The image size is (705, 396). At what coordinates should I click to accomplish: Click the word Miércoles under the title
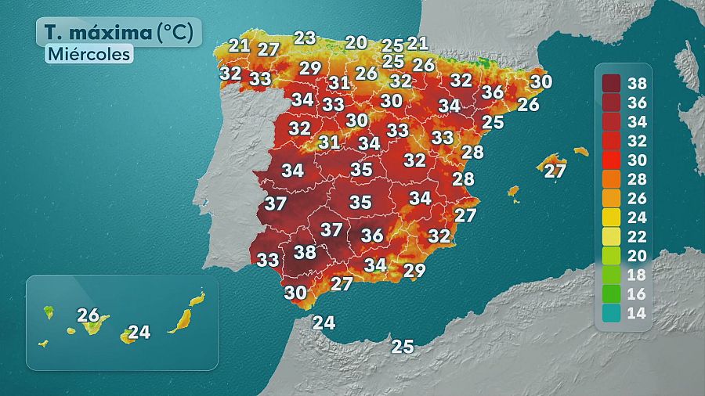pos(88,54)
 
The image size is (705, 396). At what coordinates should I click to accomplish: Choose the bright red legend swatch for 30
pos(613,160)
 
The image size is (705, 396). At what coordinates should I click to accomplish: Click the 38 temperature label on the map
pos(304,252)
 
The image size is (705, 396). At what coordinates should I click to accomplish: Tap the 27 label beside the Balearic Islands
pos(555,171)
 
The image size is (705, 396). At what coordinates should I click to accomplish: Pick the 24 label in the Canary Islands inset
pos(139,332)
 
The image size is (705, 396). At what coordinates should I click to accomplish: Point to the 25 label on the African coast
pos(403,346)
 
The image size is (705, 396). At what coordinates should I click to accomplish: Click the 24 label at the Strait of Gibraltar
pos(324,322)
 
